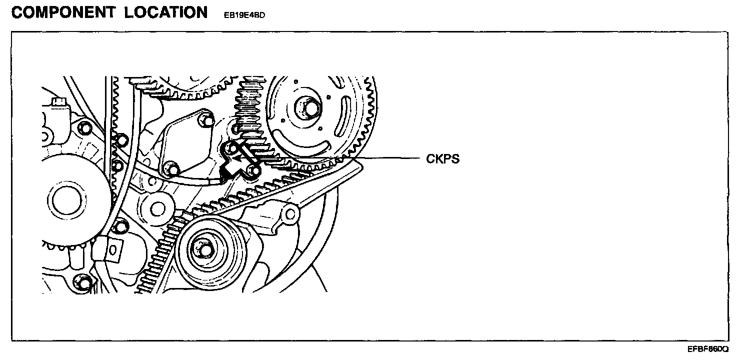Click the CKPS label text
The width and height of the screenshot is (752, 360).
tap(442, 159)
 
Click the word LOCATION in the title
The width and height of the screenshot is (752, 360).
tap(167, 12)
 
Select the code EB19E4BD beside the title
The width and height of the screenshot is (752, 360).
tap(244, 15)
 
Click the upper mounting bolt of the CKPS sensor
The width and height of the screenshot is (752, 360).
tap(231, 148)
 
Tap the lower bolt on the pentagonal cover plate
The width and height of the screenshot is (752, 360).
tap(171, 168)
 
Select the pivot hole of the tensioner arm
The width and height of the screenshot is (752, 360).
tap(289, 213)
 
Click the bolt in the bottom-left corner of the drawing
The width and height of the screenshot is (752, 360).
tap(84, 282)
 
